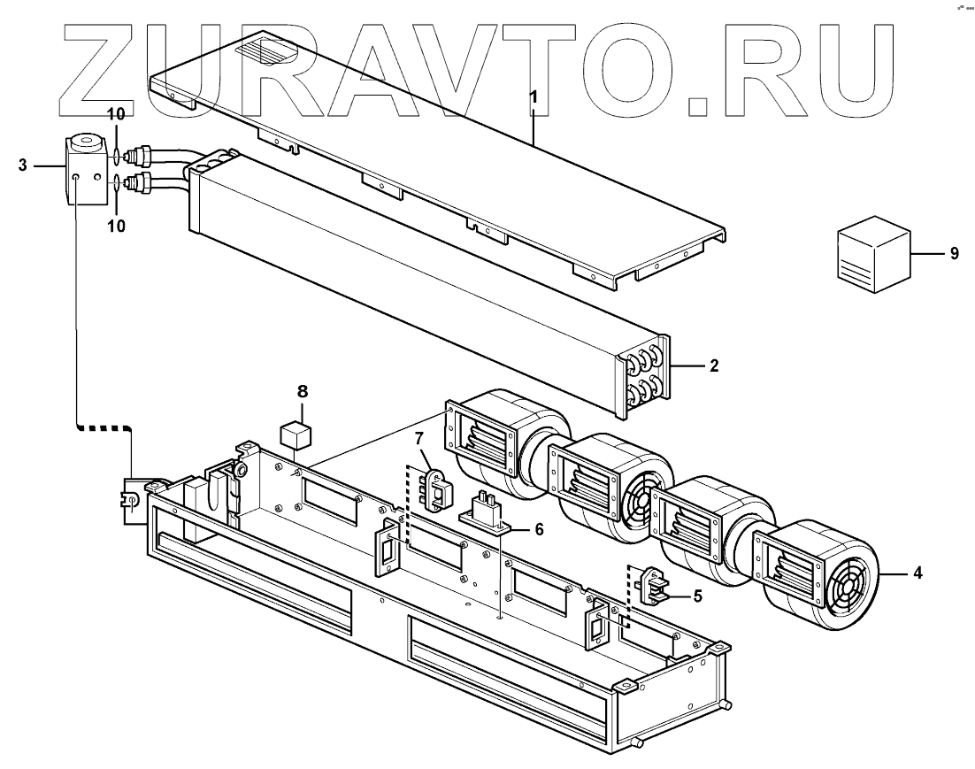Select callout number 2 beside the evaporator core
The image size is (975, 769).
pyautogui.click(x=713, y=365)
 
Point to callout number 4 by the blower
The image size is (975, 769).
pyautogui.click(x=918, y=574)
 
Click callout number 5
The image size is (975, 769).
pyautogui.click(x=697, y=596)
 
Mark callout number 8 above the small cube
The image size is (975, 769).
pyautogui.click(x=302, y=390)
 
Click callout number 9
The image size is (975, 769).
pyautogui.click(x=954, y=254)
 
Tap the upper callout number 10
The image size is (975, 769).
pyautogui.click(x=117, y=116)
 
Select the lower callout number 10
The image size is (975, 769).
pyautogui.click(x=117, y=226)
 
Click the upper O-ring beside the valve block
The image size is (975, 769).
pyautogui.click(x=118, y=158)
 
